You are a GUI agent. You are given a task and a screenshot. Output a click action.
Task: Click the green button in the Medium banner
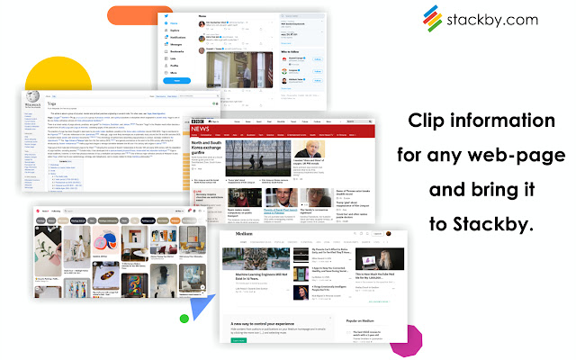238,339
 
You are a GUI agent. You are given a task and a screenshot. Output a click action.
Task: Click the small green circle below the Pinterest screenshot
184,318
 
